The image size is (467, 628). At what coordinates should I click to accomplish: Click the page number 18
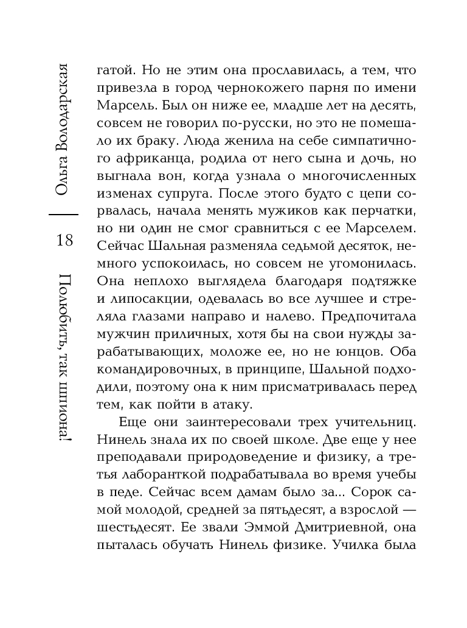(64, 241)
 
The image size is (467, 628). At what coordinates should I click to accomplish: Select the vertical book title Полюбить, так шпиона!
(64, 362)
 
